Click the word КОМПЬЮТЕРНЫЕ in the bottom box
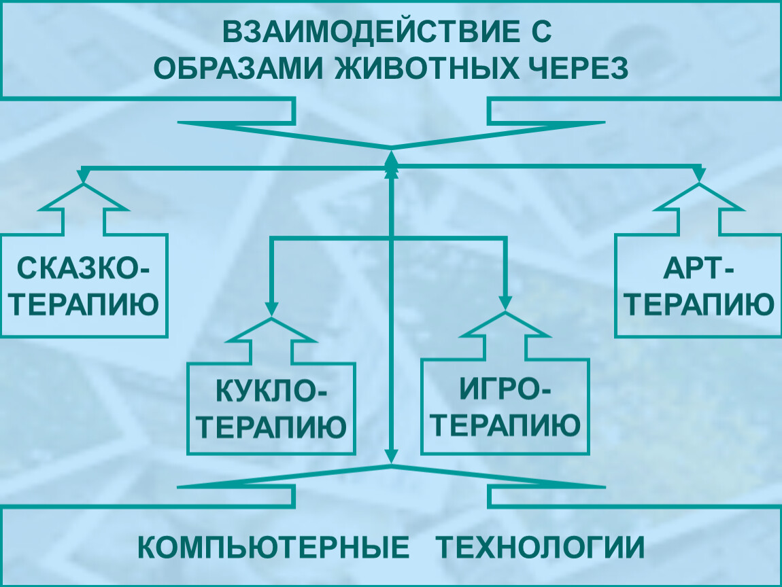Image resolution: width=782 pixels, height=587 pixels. [x=274, y=548]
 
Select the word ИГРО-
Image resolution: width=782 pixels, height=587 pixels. [x=506, y=392]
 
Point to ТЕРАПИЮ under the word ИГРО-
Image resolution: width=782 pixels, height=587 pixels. [x=506, y=426]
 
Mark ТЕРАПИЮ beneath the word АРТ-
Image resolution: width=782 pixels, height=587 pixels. [x=698, y=305]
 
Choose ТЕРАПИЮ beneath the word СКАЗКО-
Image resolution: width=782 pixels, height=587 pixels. [x=84, y=305]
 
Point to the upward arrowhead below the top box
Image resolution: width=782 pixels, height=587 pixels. [x=391, y=160]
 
